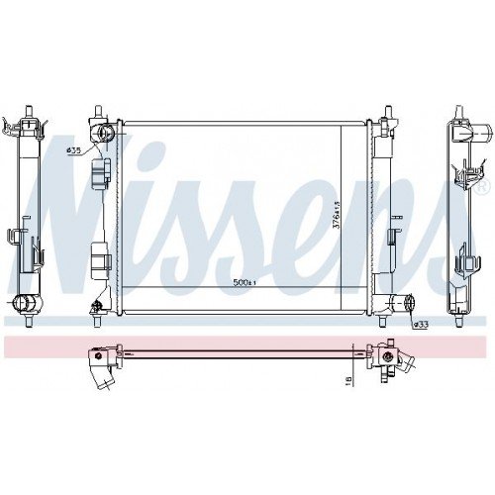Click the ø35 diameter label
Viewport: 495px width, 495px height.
point(72,150)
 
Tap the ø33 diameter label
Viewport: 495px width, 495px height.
point(420,324)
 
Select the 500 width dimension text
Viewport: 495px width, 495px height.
point(243,282)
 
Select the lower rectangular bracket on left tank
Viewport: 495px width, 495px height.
point(98,260)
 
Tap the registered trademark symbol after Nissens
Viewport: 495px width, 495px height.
point(482,185)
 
